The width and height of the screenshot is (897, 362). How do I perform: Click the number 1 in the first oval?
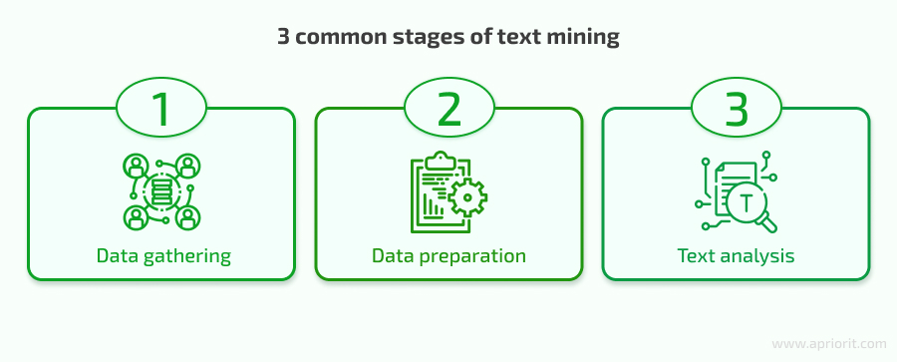click(161, 109)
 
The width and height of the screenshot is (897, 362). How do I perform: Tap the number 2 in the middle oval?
click(448, 109)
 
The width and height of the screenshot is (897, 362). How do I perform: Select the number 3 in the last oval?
click(736, 109)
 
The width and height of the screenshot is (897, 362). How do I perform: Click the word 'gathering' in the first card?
click(185, 256)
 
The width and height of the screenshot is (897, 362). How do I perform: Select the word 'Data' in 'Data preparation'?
click(392, 255)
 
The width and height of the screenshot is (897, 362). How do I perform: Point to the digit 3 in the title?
click(282, 38)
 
